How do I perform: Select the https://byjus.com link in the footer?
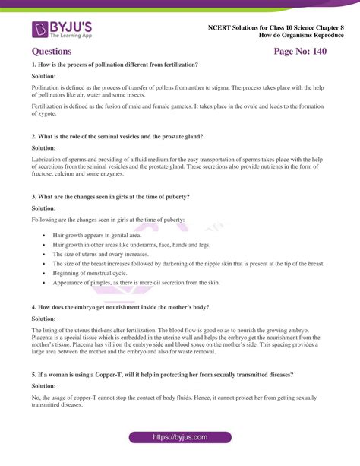coord(180,438)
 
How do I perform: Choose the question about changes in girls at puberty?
coord(111,197)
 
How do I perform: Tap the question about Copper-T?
coord(163,375)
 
